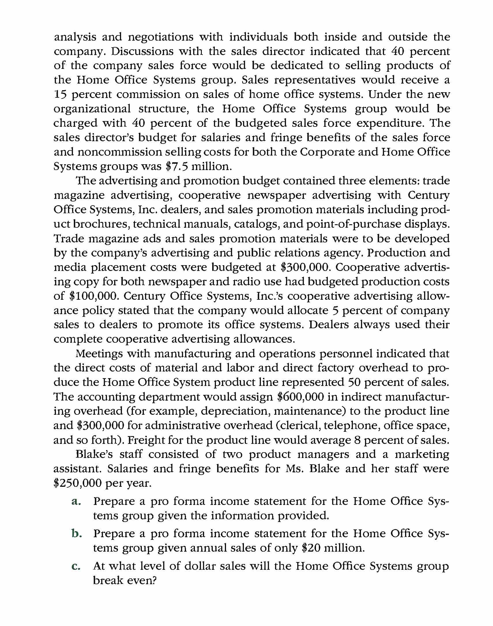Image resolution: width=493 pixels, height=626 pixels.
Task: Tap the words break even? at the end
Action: [125, 580]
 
